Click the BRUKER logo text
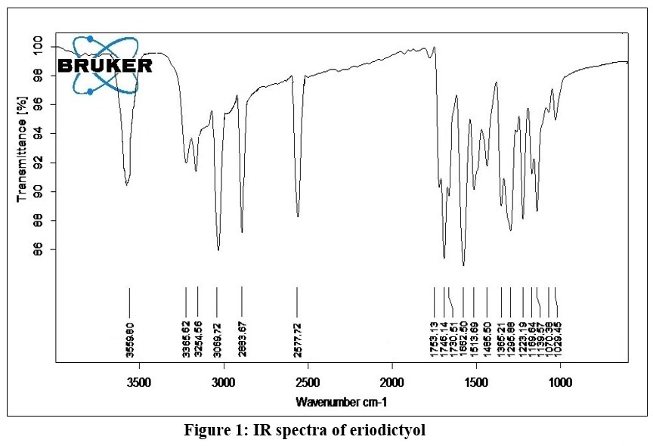click(x=105, y=66)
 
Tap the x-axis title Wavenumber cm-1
click(x=342, y=401)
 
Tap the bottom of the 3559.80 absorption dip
click(x=127, y=184)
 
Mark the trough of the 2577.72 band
click(x=298, y=217)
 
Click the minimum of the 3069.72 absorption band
click(x=218, y=250)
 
